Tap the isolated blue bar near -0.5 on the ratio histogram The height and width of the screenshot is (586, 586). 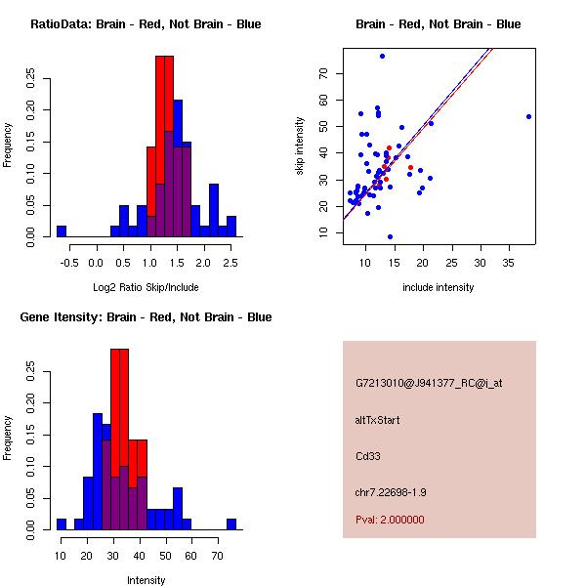click(62, 231)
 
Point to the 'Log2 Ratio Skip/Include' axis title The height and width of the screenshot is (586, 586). click(146, 287)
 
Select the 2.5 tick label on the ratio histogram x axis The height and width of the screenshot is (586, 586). click(230, 261)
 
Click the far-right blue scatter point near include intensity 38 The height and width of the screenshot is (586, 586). click(528, 116)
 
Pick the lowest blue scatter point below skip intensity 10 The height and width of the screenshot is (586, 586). click(390, 237)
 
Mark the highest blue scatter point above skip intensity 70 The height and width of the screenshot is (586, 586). click(382, 56)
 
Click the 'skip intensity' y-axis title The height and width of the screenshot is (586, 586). click(301, 146)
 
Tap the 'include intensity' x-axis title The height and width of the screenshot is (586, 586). click(438, 287)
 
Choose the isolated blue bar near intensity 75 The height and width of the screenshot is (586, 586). click(231, 524)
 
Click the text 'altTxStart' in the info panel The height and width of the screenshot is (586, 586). click(377, 420)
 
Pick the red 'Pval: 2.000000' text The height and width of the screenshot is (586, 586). click(390, 520)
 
